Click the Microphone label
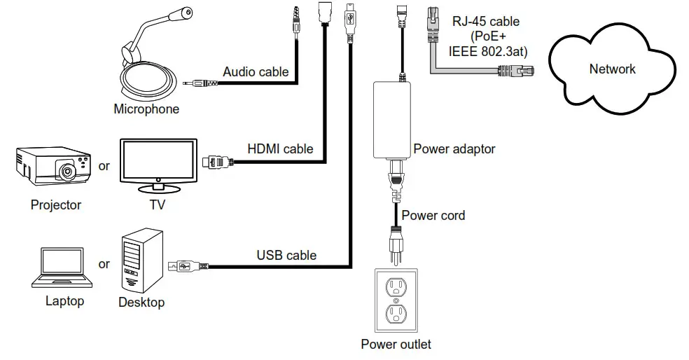(x=146, y=109)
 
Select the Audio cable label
(x=256, y=71)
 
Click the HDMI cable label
(x=280, y=149)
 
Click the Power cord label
(x=433, y=215)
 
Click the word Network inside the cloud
(x=612, y=69)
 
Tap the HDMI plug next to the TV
(x=216, y=162)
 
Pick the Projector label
(x=56, y=205)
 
